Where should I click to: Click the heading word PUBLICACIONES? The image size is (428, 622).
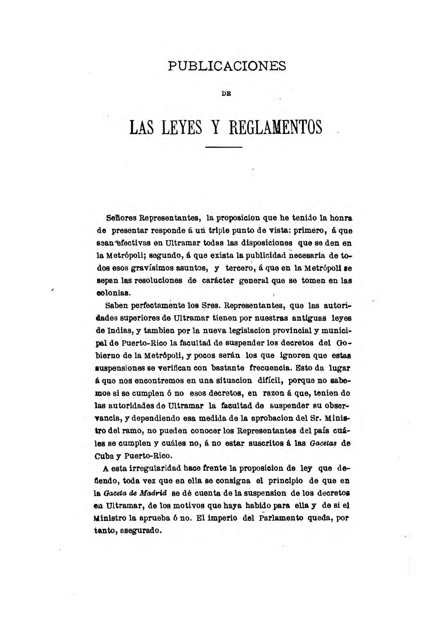pos(227,66)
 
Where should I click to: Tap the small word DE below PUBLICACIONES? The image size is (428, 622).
pos(226,94)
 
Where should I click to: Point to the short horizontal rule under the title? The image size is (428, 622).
pos(224,147)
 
